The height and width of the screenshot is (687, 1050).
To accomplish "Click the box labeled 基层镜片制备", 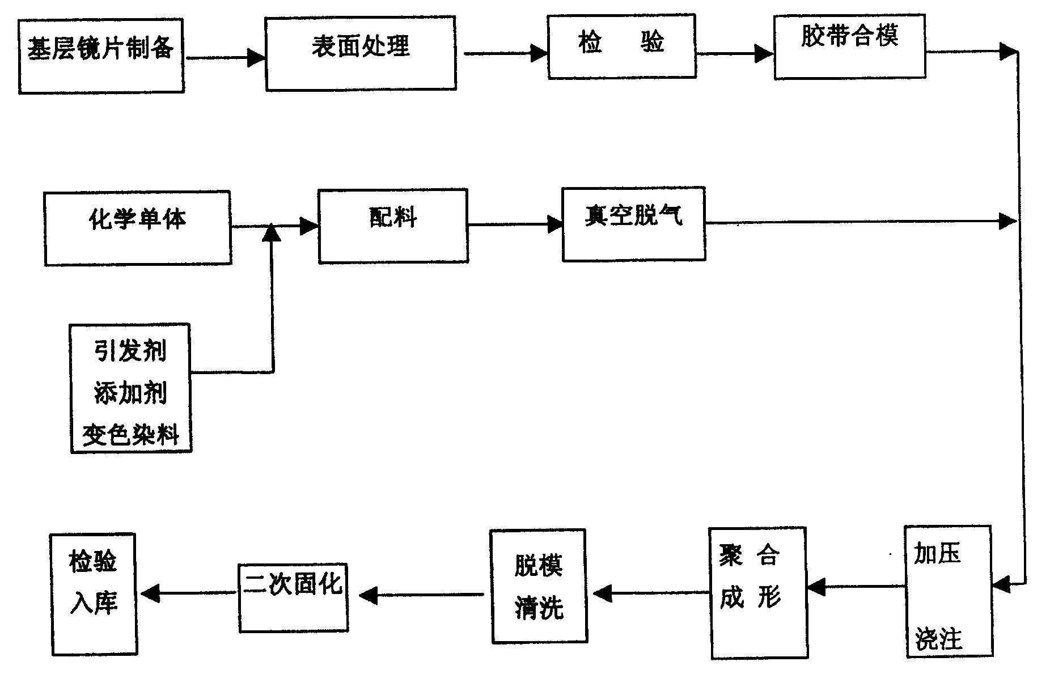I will (101, 56).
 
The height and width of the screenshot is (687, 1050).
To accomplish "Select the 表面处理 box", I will (361, 53).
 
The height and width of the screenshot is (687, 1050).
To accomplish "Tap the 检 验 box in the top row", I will (621, 46).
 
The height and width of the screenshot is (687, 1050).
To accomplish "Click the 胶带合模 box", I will (849, 46).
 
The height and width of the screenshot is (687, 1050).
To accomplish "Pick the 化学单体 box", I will (138, 228).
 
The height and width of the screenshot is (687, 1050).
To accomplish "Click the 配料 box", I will (393, 226).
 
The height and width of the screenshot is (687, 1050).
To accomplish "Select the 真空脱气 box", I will (633, 224).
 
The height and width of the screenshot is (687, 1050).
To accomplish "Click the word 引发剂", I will (130, 351).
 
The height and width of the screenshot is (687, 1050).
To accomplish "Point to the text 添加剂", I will (130, 393).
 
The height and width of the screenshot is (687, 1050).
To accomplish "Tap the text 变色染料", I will (130, 435).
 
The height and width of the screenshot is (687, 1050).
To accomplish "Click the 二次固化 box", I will (293, 597).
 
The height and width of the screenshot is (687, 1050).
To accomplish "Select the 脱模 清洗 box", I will (539, 586).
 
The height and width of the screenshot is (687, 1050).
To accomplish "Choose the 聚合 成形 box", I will (758, 592).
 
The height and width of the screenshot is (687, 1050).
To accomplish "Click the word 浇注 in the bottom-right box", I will (938, 639).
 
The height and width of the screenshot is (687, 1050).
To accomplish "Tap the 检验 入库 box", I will (94, 594).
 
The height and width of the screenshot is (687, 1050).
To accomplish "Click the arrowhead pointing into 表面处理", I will (257, 57).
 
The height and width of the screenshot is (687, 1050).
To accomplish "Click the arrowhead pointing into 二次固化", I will (369, 595).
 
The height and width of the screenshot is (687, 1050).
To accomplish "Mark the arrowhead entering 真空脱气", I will (554, 224).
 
